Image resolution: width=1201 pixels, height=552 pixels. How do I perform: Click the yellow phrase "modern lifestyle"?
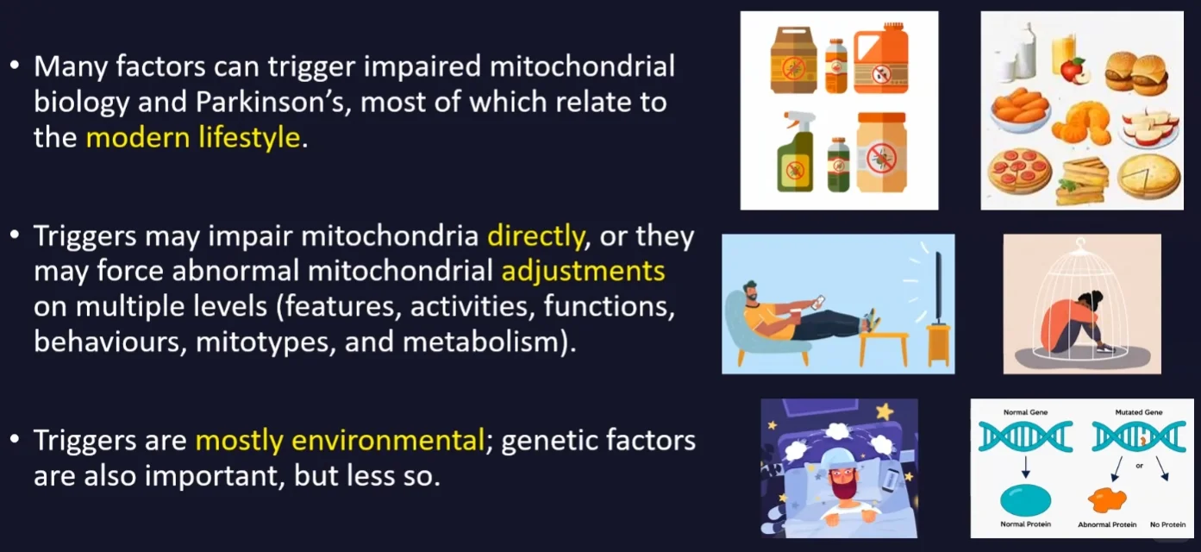point(193,137)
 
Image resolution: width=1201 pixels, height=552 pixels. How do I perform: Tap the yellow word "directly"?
point(535,236)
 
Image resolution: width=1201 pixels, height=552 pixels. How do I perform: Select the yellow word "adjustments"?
point(583,271)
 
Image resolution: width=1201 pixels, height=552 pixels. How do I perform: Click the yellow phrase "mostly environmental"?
point(340,441)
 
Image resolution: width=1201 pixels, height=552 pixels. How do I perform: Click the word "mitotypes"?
point(266,342)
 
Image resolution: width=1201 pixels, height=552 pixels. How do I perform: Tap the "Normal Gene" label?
point(1025,412)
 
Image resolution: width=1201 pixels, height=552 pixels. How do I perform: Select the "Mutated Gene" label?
point(1139,412)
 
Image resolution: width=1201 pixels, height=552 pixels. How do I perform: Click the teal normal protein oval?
point(1025,500)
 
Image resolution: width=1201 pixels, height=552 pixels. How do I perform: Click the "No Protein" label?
point(1167,524)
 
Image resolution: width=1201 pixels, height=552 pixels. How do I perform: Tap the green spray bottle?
point(795,152)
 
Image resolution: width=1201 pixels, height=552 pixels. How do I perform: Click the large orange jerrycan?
point(881,58)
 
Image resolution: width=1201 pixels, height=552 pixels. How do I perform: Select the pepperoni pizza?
point(1019,171)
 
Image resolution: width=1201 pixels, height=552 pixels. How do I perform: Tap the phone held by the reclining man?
point(819,302)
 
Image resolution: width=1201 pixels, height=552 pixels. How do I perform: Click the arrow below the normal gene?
point(1025,467)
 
